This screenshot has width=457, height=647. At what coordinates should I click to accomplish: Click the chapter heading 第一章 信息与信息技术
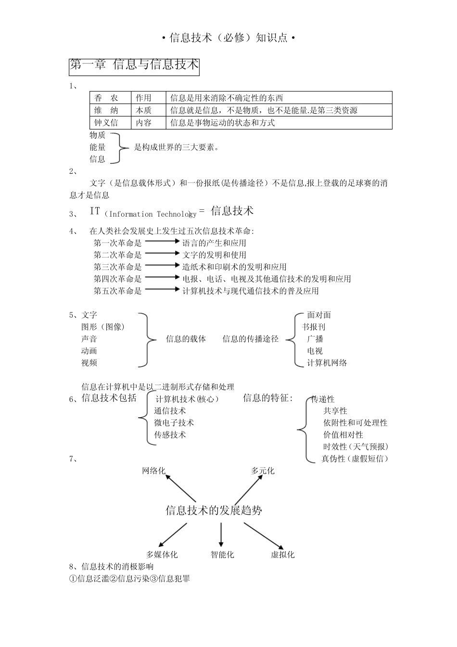[134, 65]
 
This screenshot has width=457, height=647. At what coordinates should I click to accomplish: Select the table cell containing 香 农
[106, 98]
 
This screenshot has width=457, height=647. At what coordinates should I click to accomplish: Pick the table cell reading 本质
[143, 110]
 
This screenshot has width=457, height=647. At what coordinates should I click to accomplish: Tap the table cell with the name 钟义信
[106, 123]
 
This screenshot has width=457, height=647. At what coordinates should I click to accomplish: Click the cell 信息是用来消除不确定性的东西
[227, 98]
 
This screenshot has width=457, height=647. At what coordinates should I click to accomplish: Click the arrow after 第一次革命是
[162, 241]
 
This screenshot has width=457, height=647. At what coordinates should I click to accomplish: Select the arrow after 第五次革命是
[162, 289]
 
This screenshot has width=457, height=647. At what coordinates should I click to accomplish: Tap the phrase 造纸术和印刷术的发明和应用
[234, 267]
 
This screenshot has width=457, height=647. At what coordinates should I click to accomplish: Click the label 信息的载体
[186, 339]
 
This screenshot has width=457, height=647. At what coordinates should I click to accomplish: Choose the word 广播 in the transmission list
[315, 339]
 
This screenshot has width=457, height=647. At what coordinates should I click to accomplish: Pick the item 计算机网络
[327, 363]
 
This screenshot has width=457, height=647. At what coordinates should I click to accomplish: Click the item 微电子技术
[174, 423]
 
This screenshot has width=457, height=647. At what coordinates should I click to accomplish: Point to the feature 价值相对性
[343, 435]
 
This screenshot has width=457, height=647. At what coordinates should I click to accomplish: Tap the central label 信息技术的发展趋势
[214, 510]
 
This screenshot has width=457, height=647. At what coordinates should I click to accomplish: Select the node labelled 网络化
[153, 471]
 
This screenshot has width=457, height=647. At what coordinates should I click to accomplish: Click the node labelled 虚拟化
[282, 555]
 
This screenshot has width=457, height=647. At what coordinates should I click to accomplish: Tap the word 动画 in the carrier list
[89, 351]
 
